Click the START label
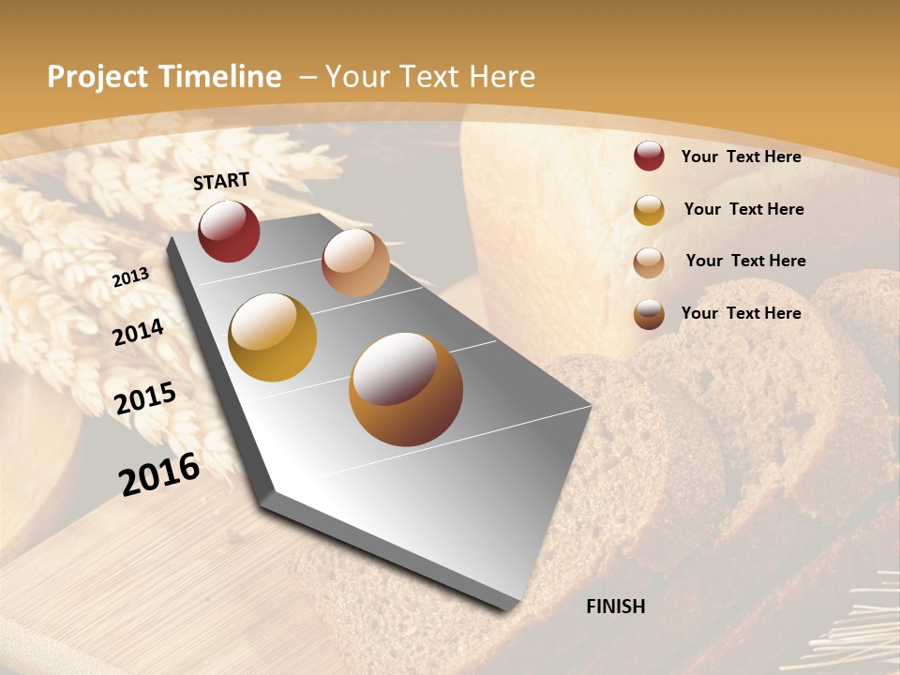click(x=221, y=181)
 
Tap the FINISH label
click(x=616, y=607)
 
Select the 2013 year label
click(x=131, y=277)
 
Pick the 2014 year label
click(x=139, y=333)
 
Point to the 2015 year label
click(x=145, y=398)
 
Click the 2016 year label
click(x=159, y=473)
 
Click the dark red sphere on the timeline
click(x=229, y=231)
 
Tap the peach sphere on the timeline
click(x=355, y=262)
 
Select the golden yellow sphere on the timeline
click(x=273, y=337)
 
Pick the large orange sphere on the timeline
click(x=406, y=389)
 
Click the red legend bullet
click(x=649, y=157)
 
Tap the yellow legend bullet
click(x=649, y=210)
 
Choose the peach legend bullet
click(x=649, y=262)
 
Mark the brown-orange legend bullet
click(x=649, y=314)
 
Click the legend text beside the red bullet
click(x=741, y=157)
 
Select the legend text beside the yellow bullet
click(x=743, y=209)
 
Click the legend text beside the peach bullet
click(x=745, y=261)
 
